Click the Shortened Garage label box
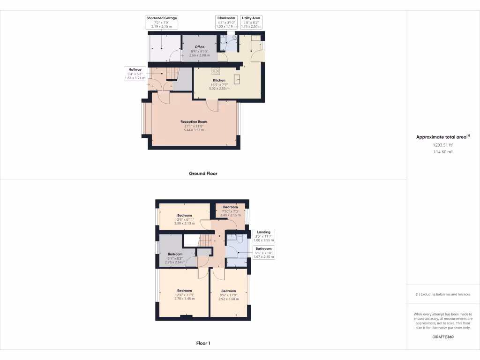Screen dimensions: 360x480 coord(161,22)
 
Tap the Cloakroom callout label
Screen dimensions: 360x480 coord(226,22)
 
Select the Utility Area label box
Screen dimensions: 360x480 coord(251,22)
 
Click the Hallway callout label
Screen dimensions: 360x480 coord(135,74)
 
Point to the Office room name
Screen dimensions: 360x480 coord(200,47)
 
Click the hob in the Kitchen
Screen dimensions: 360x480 coord(216,71)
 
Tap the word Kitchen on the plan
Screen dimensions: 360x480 coord(219,80)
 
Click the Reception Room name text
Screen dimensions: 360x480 coord(194,121)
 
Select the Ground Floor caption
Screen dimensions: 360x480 coord(203,173)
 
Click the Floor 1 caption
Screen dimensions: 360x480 coord(203,343)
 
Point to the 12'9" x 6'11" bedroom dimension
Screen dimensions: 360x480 coord(184,220)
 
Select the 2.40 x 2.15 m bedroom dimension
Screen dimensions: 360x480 coord(230,215)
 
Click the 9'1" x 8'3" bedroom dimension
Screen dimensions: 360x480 coord(174,258)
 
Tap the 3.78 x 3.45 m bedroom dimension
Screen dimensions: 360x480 coord(184,299)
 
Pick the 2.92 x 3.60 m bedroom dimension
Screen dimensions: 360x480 coord(228,299)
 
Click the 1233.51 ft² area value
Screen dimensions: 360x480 coord(443,145)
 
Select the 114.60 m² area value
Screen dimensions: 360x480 coord(443,152)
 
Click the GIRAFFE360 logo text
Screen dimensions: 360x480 coord(443,337)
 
